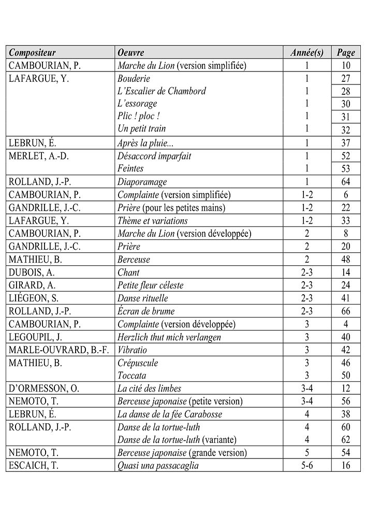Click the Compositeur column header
point(32,53)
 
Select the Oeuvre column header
point(130,53)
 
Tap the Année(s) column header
point(307,53)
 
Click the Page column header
point(345,53)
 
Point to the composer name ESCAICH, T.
point(34,466)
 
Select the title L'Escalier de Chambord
point(162,91)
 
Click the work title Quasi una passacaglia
point(158,466)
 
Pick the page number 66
point(345,311)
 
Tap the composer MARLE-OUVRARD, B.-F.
point(59,350)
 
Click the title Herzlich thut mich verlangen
point(169,337)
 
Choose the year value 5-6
point(307,466)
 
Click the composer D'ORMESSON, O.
point(45,388)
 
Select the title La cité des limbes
point(150,388)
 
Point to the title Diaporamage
point(142,182)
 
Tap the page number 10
point(345,66)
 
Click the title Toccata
point(132,376)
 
